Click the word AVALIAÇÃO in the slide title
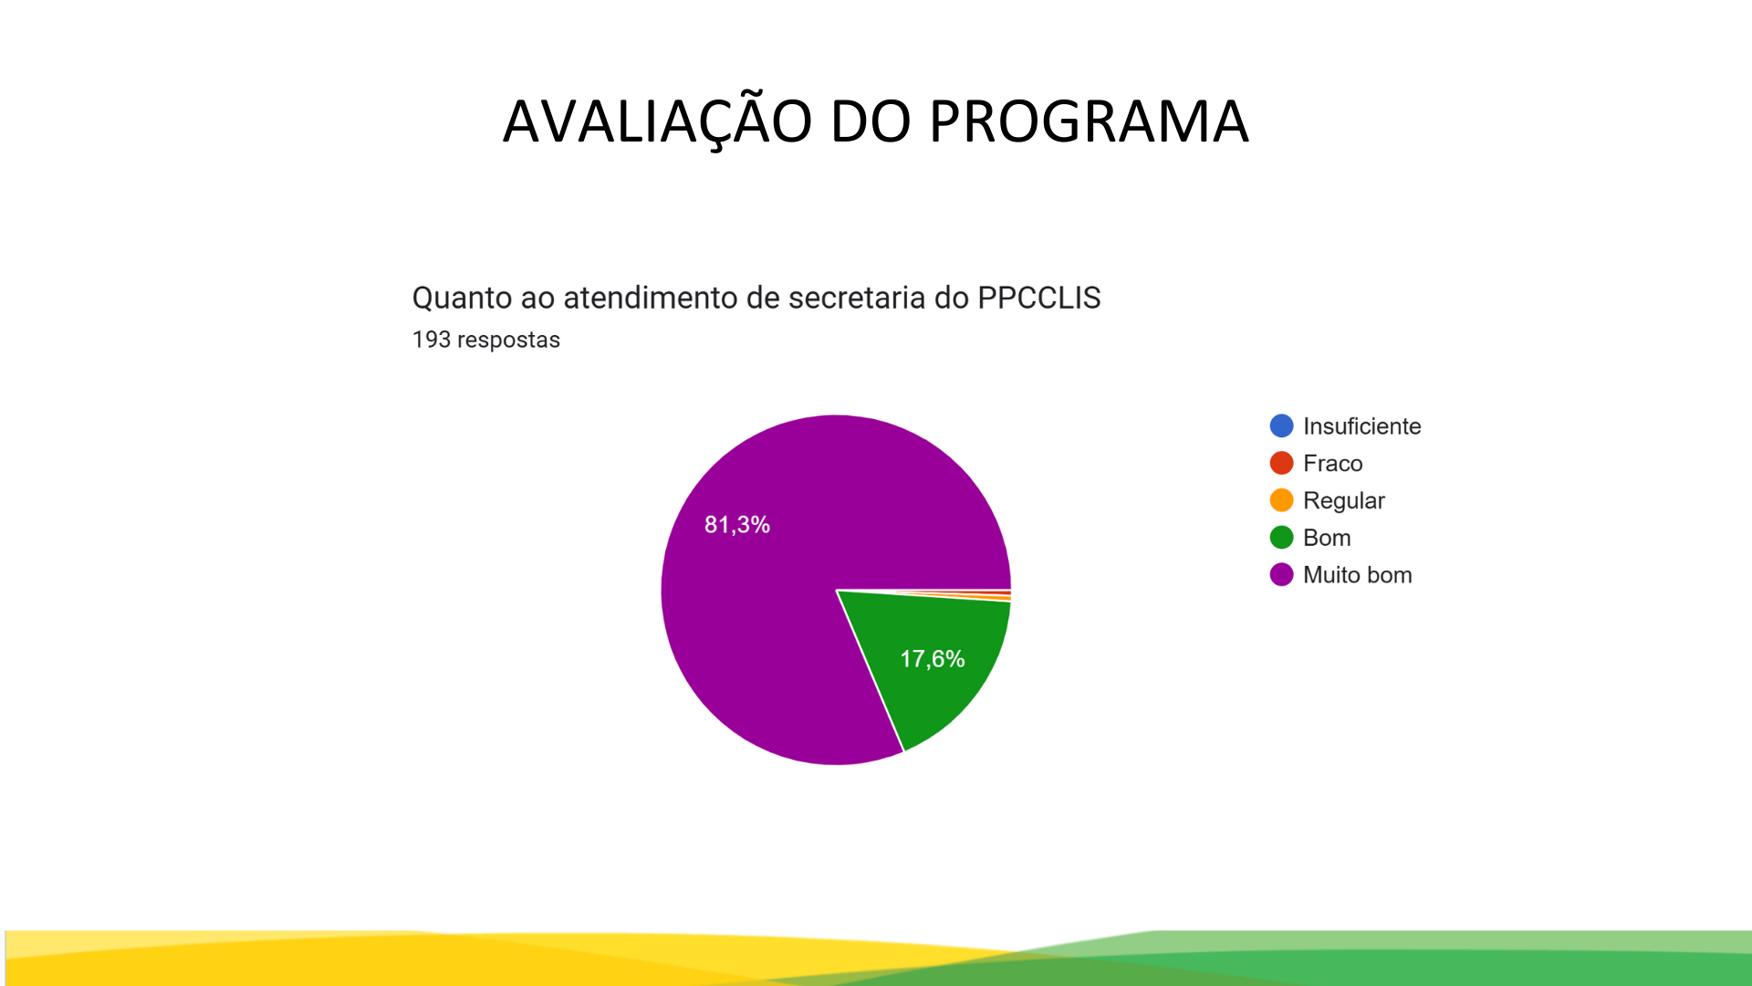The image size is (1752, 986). point(657,121)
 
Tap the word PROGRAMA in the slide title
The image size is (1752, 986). point(1089,121)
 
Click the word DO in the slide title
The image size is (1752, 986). point(871,121)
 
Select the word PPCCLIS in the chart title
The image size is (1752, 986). point(1038,298)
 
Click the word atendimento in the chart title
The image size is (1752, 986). point(651,299)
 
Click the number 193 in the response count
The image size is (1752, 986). point(432,340)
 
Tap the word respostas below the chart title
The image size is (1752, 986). point(508,341)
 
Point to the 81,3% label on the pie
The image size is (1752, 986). point(737,525)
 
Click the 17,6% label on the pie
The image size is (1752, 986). point(933,659)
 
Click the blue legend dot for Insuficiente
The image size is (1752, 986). point(1281,425)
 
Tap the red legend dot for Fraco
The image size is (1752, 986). point(1281,463)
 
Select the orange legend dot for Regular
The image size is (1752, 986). point(1281,500)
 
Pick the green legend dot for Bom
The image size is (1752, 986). point(1281,538)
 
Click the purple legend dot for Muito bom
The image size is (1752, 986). point(1281,574)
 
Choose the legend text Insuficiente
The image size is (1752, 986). point(1361,426)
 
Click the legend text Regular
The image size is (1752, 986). point(1343,501)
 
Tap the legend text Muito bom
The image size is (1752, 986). point(1357,575)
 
